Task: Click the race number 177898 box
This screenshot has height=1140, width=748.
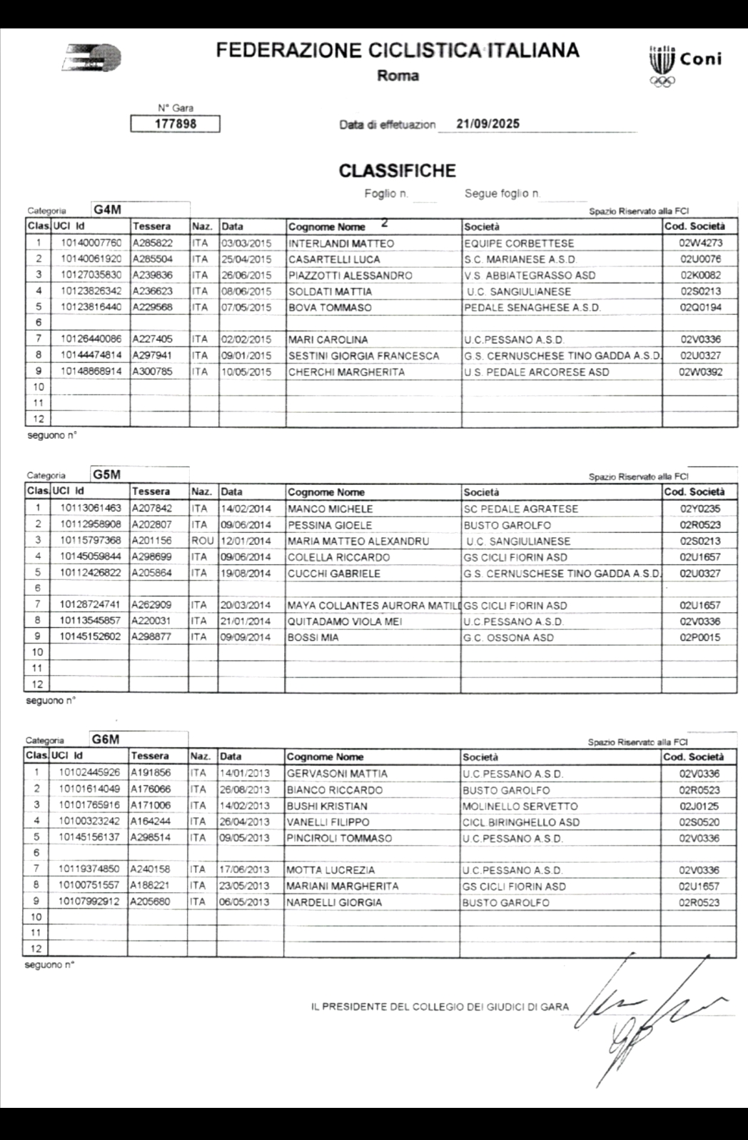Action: (x=175, y=124)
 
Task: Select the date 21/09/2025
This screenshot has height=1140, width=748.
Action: (x=488, y=124)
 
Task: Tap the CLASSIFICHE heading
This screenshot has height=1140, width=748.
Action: (x=397, y=171)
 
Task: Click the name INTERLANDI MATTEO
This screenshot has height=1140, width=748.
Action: (x=340, y=244)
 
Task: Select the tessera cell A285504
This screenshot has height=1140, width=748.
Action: (x=153, y=259)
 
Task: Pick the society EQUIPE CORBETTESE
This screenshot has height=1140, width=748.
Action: (x=518, y=244)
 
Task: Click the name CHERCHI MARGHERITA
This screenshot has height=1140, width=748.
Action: (x=346, y=372)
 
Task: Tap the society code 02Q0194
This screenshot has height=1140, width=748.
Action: (x=700, y=308)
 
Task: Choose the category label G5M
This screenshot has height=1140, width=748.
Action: (x=106, y=475)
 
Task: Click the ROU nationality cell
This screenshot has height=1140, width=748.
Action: (x=203, y=541)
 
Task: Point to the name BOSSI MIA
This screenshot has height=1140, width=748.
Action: (x=313, y=637)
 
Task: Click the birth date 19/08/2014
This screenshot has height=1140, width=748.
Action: (x=246, y=573)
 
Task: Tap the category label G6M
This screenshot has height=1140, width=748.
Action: (x=106, y=739)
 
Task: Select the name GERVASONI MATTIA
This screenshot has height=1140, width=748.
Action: (x=337, y=774)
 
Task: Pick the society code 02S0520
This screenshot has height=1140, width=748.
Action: (x=699, y=822)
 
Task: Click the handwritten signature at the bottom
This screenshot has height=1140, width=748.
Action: (x=642, y=1007)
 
